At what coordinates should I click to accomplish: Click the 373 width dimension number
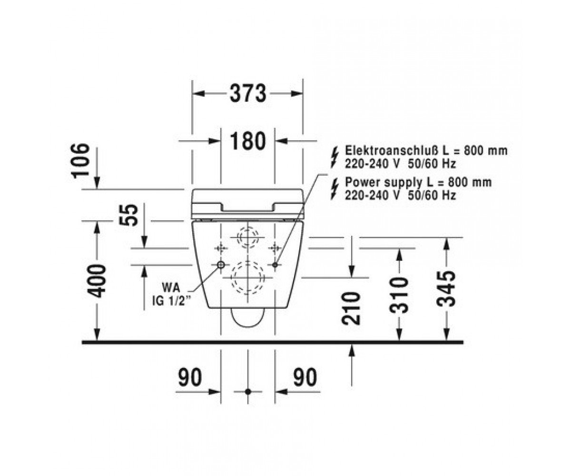(248, 94)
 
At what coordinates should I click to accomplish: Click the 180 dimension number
(248, 141)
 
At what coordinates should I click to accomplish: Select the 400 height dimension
(97, 281)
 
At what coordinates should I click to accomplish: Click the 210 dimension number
(351, 308)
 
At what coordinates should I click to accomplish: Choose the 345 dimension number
(446, 289)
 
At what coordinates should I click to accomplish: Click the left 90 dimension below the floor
(190, 377)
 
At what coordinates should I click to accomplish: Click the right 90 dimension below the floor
(305, 377)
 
